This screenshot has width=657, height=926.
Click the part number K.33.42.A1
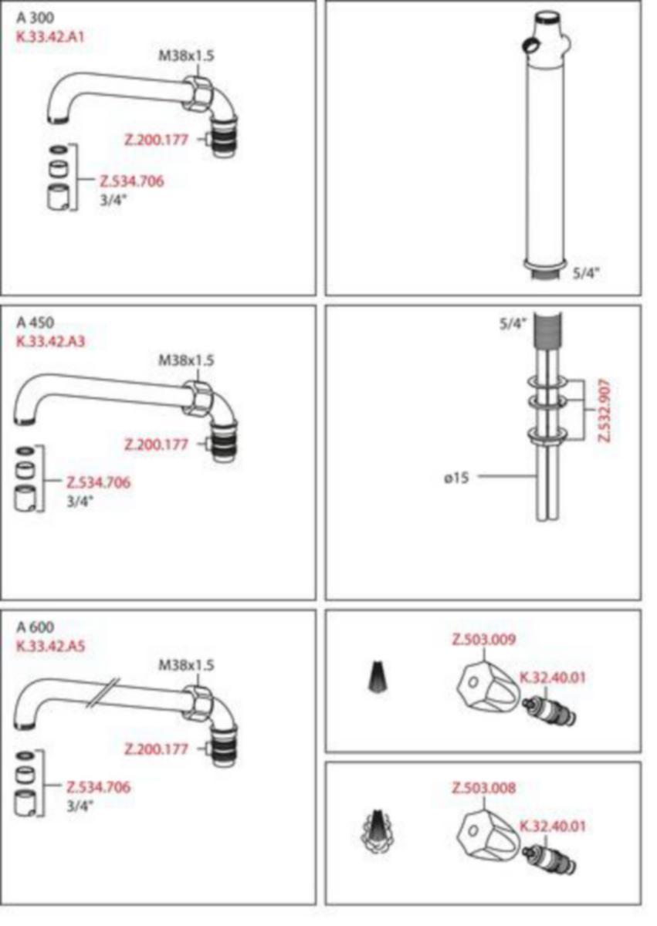coord(50,37)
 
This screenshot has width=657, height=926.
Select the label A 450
coord(36,323)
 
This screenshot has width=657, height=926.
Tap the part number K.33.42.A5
coord(50,645)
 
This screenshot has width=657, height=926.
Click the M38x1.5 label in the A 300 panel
coord(187,56)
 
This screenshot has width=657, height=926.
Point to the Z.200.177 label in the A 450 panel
coord(156,444)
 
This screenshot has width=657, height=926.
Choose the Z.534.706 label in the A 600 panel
coord(98,787)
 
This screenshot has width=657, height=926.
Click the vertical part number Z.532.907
coord(605,411)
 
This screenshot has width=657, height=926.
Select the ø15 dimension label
coord(456,478)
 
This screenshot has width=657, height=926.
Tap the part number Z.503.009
coord(484,640)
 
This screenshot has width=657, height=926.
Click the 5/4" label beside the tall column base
coord(586,273)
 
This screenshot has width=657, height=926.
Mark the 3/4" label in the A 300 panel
coord(113,200)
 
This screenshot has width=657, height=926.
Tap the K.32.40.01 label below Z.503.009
coord(553,678)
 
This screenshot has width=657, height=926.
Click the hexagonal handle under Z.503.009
coord(488,687)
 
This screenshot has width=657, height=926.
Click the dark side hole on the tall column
coord(530,44)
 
